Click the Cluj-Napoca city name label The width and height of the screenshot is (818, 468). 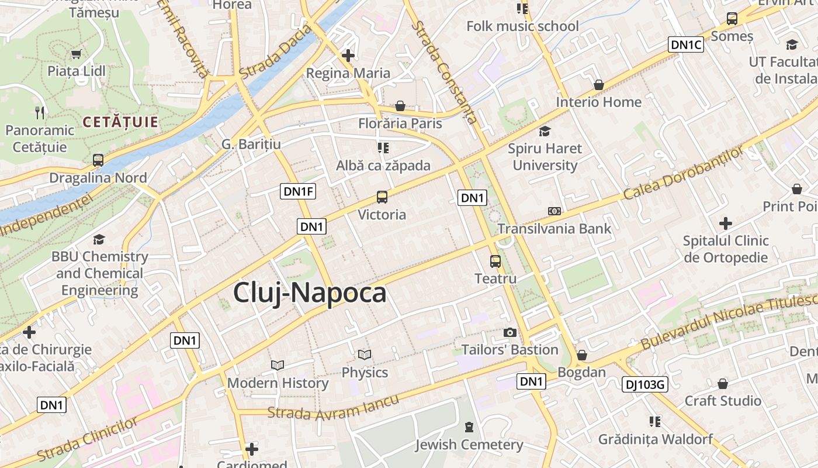pos(310,292)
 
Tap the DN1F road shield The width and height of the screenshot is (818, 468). pos(298,191)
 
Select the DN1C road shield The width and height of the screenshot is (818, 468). pos(686,44)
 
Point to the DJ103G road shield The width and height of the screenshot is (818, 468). pos(644,384)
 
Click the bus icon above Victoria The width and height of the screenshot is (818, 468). pos(382,197)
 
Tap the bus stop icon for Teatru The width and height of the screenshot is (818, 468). pos(495,261)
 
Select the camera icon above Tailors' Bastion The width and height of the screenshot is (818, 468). pos(510,332)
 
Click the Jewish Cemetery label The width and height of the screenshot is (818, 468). pos(469,445)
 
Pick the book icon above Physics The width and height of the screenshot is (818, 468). pos(365,355)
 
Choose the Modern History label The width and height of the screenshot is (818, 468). pos(278,383)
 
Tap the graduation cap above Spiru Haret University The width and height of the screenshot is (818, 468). pos(545,131)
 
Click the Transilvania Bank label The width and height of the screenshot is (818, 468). pos(554,228)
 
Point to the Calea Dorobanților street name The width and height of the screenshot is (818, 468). pos(684,172)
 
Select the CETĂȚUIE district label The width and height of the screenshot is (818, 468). pos(120,122)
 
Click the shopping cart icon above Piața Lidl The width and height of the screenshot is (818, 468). pos(76,54)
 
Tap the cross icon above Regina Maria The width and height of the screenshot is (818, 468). pos(348,56)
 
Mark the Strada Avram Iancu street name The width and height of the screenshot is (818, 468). pos(333,407)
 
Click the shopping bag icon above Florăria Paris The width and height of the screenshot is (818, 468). pos(400,106)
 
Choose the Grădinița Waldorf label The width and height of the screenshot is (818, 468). pos(656,439)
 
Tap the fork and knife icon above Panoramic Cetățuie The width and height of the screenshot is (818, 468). pos(40,112)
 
